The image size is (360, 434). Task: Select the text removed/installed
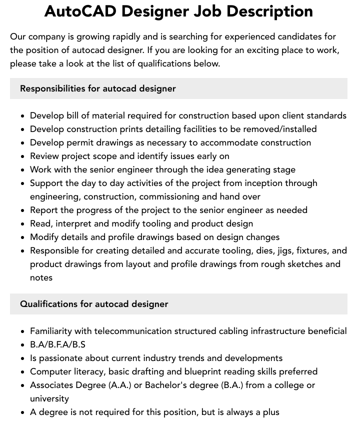(x=278, y=129)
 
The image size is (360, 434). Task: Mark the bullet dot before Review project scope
(x=23, y=156)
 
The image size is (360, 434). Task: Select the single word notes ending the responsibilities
(x=41, y=277)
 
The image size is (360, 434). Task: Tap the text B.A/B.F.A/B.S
(x=57, y=344)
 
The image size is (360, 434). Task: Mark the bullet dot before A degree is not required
(x=23, y=412)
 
